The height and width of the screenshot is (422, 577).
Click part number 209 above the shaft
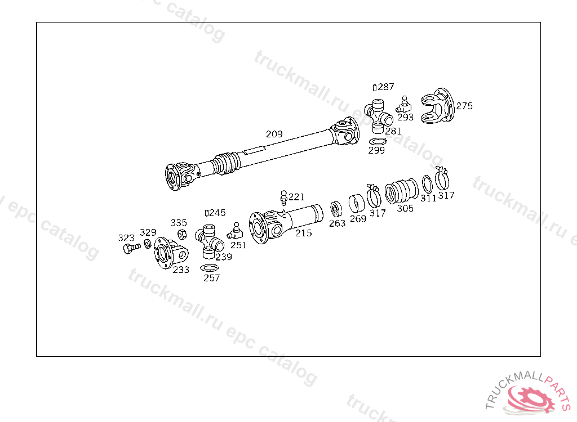click(x=274, y=134)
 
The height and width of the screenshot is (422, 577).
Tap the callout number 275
click(x=464, y=106)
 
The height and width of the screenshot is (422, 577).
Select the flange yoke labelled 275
click(x=437, y=106)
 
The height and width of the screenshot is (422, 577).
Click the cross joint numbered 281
click(x=378, y=115)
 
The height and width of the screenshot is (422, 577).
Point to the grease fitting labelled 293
click(x=403, y=105)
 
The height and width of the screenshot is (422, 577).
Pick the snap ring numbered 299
click(x=378, y=142)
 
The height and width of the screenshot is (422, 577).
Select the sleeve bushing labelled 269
click(x=356, y=204)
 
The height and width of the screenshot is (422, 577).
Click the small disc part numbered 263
click(x=336, y=209)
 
